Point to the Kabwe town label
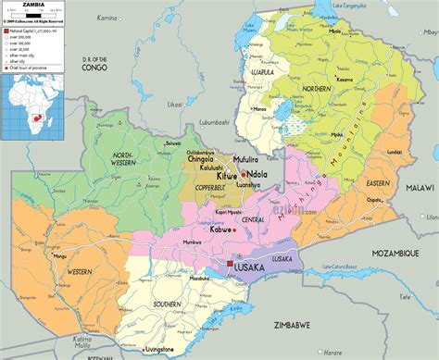point(222,228)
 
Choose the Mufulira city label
point(245,158)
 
